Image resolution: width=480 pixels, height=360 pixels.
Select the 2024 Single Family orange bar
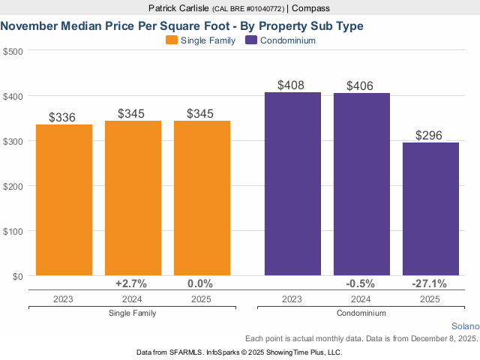[x=133, y=198]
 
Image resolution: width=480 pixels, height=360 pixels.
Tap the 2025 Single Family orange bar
[x=202, y=198]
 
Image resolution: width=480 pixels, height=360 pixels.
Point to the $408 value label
[x=292, y=85]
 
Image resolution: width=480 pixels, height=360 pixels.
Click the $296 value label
[x=430, y=136]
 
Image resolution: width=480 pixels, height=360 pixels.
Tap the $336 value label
[x=64, y=117]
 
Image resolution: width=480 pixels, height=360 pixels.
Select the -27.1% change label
[x=430, y=283]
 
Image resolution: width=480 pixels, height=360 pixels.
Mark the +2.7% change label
[x=131, y=283]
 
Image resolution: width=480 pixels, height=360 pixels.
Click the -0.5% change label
[x=361, y=283]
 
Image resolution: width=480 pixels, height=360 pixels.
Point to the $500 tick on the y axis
[x=13, y=51]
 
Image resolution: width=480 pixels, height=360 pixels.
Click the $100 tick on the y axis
[x=13, y=231]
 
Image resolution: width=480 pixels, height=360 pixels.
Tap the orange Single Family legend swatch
[x=172, y=40]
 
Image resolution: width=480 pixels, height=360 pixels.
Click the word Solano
[x=464, y=326]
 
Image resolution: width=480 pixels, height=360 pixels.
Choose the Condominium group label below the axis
[x=361, y=313]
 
